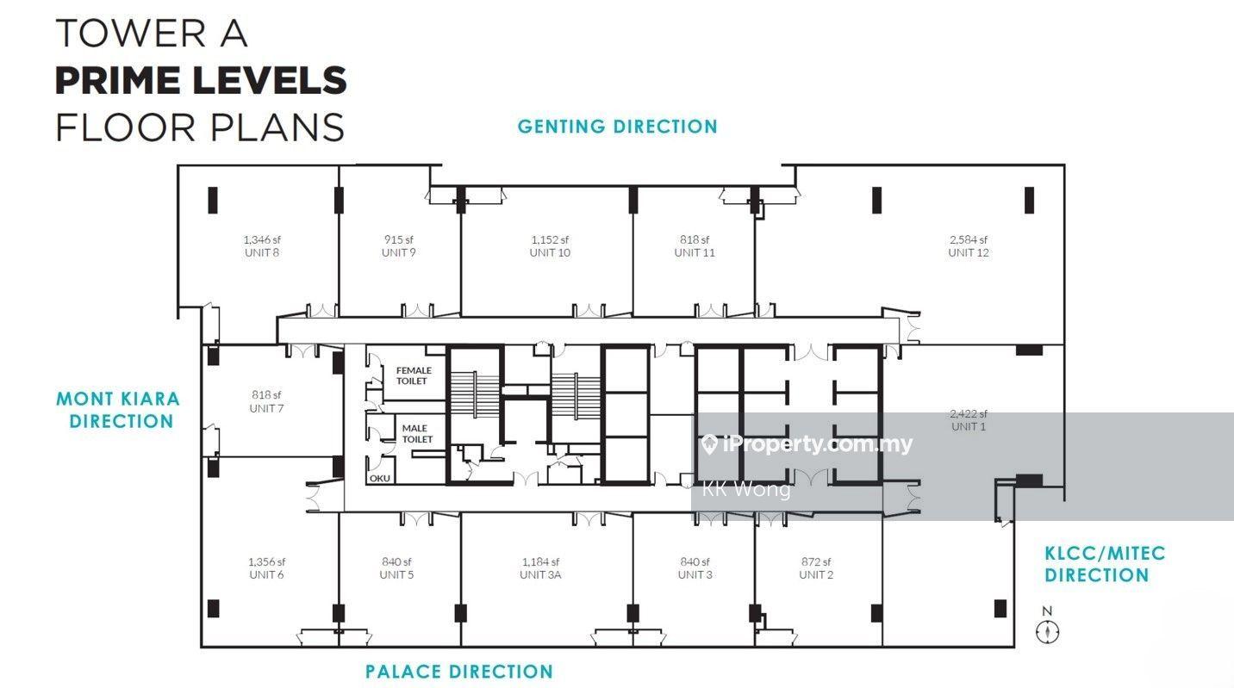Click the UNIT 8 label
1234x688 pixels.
point(262,252)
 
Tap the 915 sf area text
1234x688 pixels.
point(398,239)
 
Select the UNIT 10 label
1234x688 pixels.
point(550,252)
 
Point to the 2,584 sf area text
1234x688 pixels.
point(969,239)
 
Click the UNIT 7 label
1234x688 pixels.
point(266,408)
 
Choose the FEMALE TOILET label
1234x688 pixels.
point(413,375)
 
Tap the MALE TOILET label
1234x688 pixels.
point(416,434)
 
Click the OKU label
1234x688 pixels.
point(379,478)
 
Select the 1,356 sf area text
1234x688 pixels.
point(266,562)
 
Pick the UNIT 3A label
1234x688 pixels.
point(540,574)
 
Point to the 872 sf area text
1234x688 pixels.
point(816,562)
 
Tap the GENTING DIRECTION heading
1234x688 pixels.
point(618,127)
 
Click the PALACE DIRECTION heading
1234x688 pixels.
point(459,672)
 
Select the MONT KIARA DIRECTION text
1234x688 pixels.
point(118,410)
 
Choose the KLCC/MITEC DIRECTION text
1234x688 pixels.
point(1105,564)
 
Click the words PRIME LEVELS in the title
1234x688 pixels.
point(201,80)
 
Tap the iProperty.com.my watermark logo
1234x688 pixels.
point(807,444)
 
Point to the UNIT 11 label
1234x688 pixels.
point(695,252)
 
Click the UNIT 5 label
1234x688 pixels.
point(396,574)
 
